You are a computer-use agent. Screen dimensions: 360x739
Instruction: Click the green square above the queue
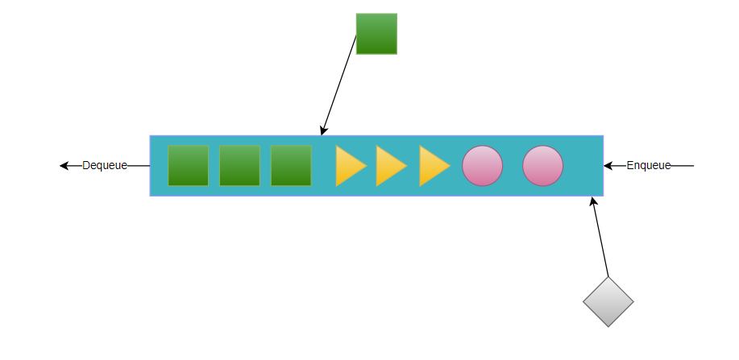tap(376, 34)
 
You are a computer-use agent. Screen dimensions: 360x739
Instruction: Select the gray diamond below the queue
tap(608, 301)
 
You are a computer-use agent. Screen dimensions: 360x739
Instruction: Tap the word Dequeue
tap(105, 166)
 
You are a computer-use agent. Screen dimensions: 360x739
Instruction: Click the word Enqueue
tap(649, 166)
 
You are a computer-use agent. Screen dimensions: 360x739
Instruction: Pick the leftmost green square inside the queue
tap(188, 166)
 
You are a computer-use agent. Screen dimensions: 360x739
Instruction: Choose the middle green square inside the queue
tap(239, 166)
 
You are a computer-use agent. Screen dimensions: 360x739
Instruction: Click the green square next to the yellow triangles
tap(291, 166)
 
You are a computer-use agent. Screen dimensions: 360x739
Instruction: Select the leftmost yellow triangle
tap(349, 167)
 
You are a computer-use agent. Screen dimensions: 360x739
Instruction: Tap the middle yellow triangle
tap(390, 167)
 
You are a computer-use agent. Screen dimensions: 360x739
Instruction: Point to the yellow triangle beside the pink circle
tap(433, 167)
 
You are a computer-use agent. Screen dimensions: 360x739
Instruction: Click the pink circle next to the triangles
tap(482, 166)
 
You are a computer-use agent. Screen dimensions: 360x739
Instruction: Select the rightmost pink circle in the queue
tap(542, 166)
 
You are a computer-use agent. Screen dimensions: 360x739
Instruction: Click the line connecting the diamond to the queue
tap(600, 238)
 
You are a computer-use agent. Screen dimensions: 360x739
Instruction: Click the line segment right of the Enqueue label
tap(683, 166)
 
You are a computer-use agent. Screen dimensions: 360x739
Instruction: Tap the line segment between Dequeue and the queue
tap(139, 166)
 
